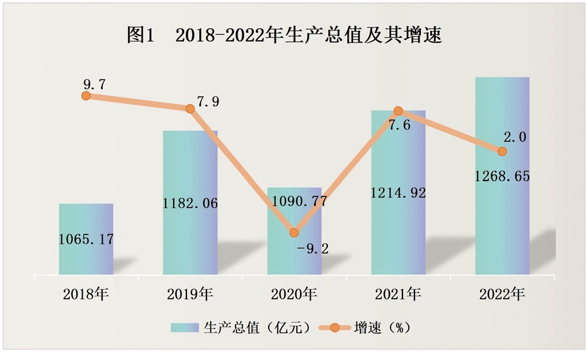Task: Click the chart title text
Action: pos(284,36)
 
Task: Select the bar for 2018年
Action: pos(86,258)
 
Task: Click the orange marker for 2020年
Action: pos(294,233)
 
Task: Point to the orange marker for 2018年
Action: pos(86,96)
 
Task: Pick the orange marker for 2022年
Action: pos(502,151)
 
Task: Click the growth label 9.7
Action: pos(94,84)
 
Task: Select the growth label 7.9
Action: pos(208,103)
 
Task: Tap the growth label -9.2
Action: pos(312,249)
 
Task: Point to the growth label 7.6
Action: pos(399,126)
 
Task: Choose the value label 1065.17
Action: pos(86,239)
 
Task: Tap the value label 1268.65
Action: pos(502,176)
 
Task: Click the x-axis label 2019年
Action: pos(190,295)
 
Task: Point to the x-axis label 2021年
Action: pos(398,295)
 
